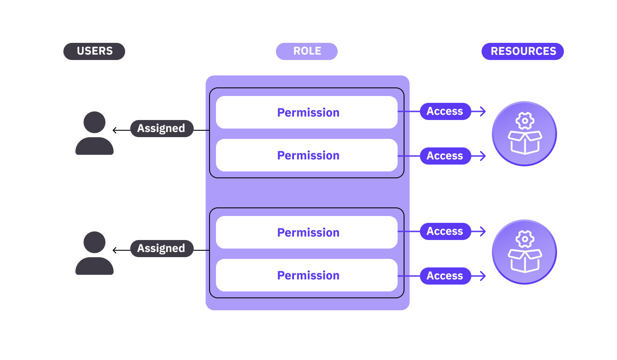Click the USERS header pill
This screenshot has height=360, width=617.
click(94, 51)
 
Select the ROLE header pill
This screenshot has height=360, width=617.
click(307, 51)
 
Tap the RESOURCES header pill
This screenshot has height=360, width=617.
click(523, 51)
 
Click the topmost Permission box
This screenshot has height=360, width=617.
click(307, 112)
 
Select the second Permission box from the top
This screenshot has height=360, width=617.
click(307, 155)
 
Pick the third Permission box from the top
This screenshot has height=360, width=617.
click(307, 232)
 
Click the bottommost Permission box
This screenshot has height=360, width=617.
click(307, 275)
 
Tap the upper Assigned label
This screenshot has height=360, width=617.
click(162, 129)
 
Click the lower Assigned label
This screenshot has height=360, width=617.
click(162, 249)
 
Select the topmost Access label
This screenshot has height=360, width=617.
click(445, 111)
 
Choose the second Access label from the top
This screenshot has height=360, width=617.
click(445, 156)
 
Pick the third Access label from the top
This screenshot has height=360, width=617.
click(445, 231)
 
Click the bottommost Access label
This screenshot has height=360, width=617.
click(445, 276)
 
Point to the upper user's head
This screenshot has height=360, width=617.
click(94, 122)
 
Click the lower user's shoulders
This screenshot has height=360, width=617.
click(94, 267)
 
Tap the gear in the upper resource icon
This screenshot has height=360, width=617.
click(524, 121)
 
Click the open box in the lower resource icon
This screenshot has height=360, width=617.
click(524, 261)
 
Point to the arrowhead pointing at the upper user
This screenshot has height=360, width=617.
click(115, 130)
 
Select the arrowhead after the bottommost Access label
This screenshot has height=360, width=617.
click(483, 276)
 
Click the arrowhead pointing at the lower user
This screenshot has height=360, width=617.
click(115, 250)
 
